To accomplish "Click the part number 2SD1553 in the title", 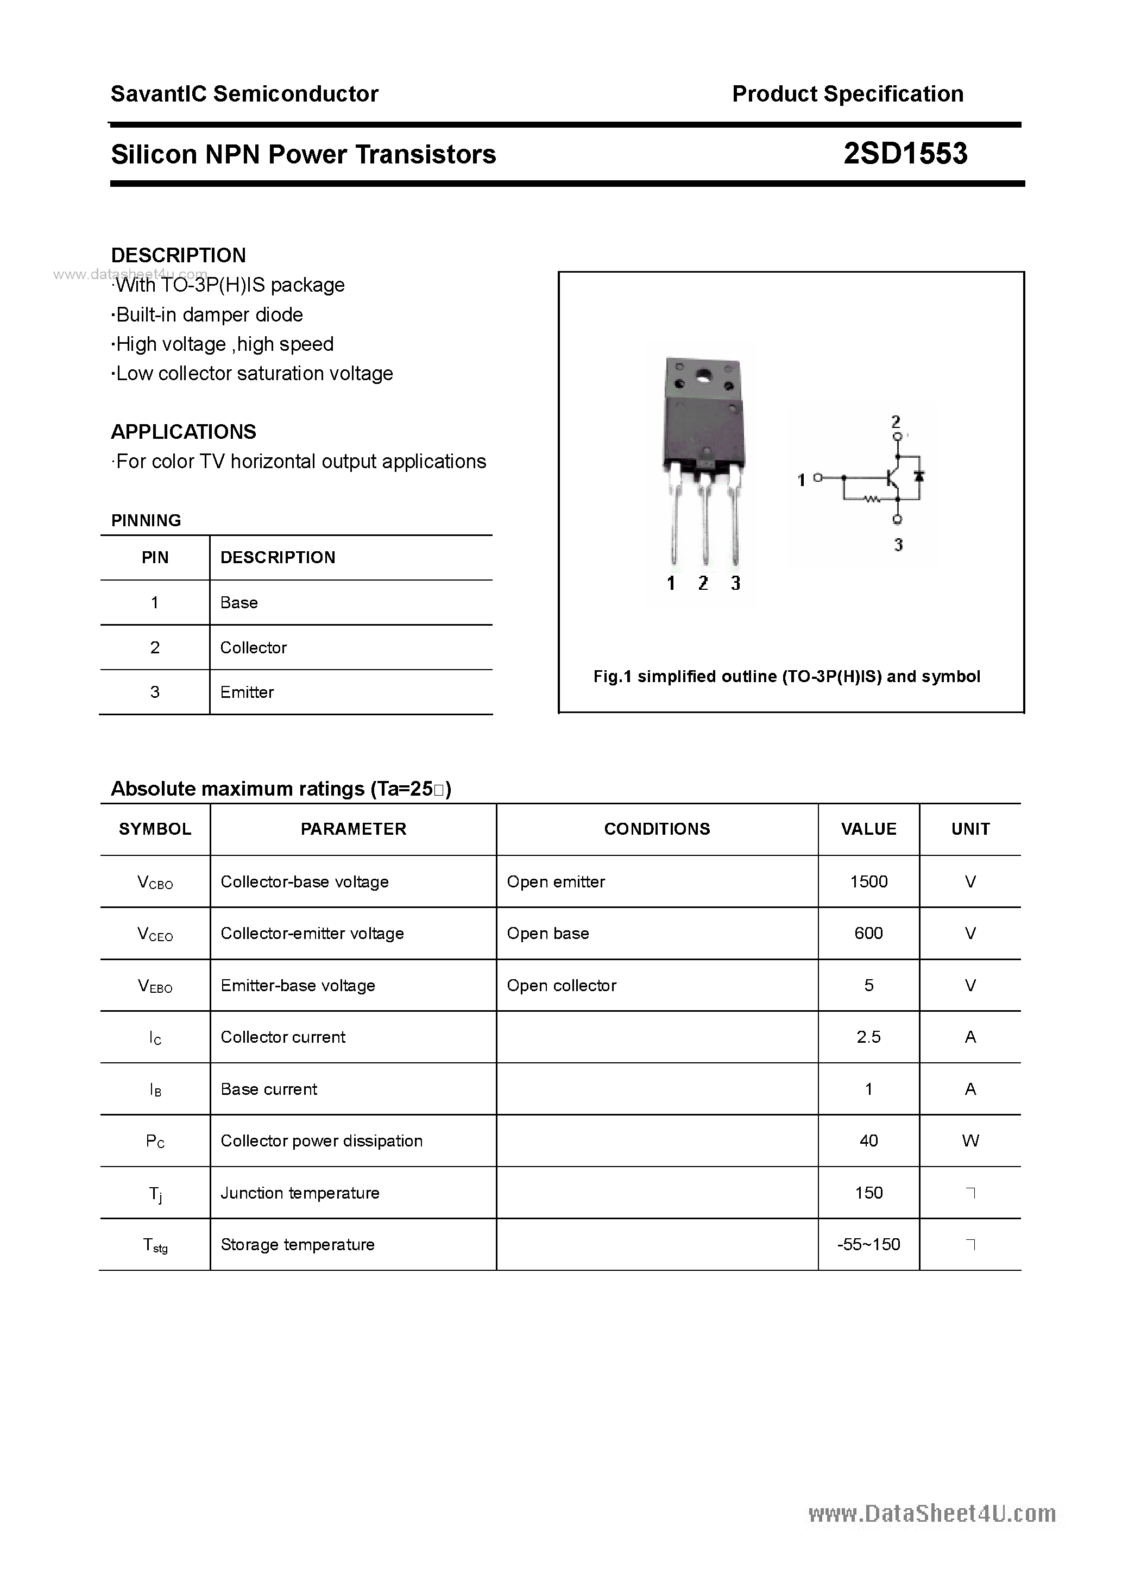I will pyautogui.click(x=905, y=154).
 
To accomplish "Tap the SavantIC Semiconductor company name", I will pyautogui.click(x=244, y=93).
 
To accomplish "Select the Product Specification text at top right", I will pyautogui.click(x=847, y=93).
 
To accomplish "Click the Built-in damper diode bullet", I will pyautogui.click(x=208, y=314).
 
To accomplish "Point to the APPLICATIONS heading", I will pyautogui.click(x=184, y=432).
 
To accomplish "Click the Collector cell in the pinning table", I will pyautogui.click(x=253, y=647).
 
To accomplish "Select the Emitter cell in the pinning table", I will pyautogui.click(x=247, y=692).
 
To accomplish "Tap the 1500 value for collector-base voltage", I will pyautogui.click(x=868, y=881).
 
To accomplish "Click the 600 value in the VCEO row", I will pyautogui.click(x=868, y=933).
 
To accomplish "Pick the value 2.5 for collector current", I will pyautogui.click(x=868, y=1037).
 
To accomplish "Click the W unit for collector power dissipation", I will pyautogui.click(x=970, y=1140).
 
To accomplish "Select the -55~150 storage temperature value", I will pyautogui.click(x=868, y=1244).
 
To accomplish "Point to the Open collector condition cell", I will pyautogui.click(x=561, y=985).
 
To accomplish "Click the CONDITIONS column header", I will pyautogui.click(x=657, y=829).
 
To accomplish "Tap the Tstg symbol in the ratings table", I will pyautogui.click(x=155, y=1245).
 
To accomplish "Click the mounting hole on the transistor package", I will pyautogui.click(x=704, y=377).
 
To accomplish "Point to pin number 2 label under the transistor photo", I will pyautogui.click(x=703, y=583).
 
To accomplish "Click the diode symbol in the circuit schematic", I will pyautogui.click(x=919, y=476).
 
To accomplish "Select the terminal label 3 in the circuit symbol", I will pyautogui.click(x=898, y=545).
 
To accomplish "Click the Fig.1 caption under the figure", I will pyautogui.click(x=786, y=677).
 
